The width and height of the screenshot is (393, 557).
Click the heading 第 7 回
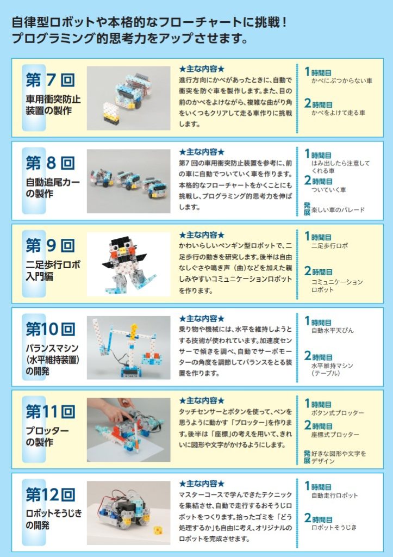pyautogui.click(x=50, y=80)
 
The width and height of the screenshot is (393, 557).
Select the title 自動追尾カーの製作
pyautogui.click(x=53, y=188)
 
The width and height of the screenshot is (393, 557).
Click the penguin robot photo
pyautogui.click(x=128, y=264)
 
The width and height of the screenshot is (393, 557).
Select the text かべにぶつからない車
pyautogui.click(x=341, y=81)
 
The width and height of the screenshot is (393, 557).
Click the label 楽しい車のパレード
pyautogui.click(x=338, y=210)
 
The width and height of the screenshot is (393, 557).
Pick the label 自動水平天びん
pyautogui.click(x=332, y=330)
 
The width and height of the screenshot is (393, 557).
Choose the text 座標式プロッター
pyautogui.click(x=335, y=435)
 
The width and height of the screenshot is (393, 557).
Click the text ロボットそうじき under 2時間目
pyautogui.click(x=334, y=528)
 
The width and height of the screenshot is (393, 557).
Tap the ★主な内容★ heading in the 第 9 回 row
pyautogui.click(x=202, y=235)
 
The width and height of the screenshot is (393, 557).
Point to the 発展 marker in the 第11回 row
pyautogui.click(x=307, y=457)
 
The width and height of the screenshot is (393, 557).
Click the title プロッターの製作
pyautogui.click(x=47, y=437)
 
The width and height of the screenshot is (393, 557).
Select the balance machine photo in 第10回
pyautogui.click(x=128, y=348)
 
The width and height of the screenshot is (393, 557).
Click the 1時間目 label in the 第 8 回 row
pyautogui.click(x=318, y=154)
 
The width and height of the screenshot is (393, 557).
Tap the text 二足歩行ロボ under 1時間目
pyautogui.click(x=329, y=245)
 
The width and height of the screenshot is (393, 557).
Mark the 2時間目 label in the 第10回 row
pyautogui.click(x=318, y=356)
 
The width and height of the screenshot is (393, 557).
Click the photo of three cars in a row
pyautogui.click(x=128, y=181)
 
